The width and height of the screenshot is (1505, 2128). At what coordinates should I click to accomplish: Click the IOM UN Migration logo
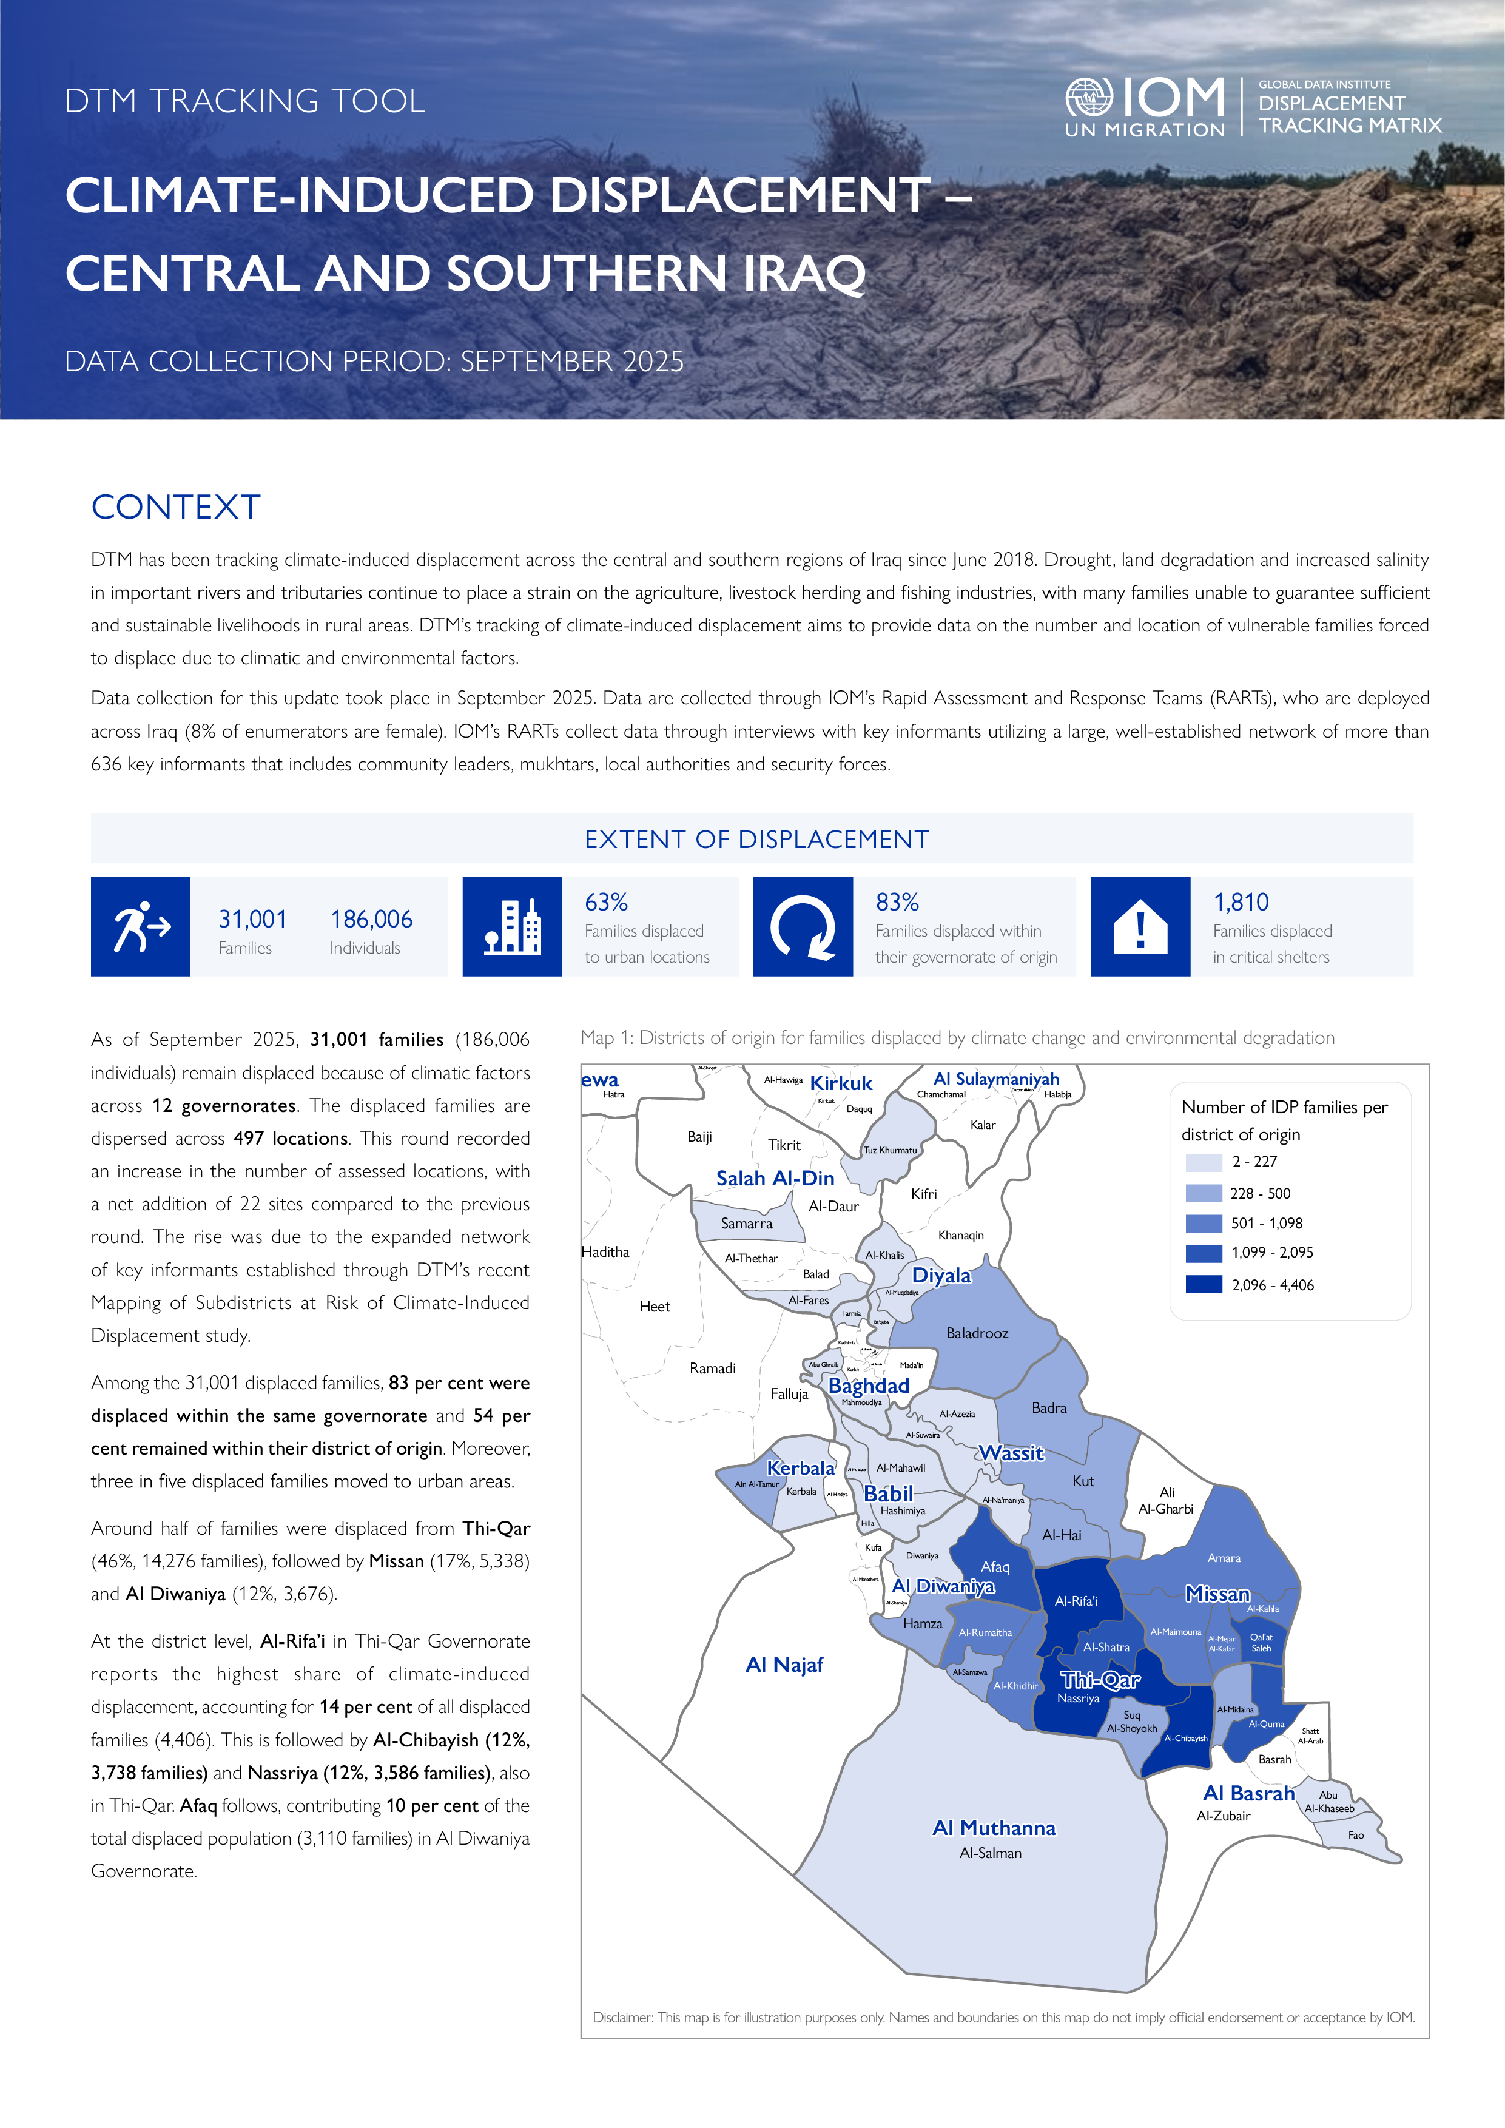1145,107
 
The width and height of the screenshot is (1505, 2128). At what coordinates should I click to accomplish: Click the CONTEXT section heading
176,507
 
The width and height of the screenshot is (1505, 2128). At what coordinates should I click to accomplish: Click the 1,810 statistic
1241,902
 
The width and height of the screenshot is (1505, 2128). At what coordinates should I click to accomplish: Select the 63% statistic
606,902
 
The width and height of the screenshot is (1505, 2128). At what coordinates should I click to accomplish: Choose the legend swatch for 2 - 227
1204,1162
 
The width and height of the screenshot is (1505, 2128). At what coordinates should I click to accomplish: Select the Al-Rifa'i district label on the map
1076,1601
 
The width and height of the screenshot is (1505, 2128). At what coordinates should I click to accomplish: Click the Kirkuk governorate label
841,1083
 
